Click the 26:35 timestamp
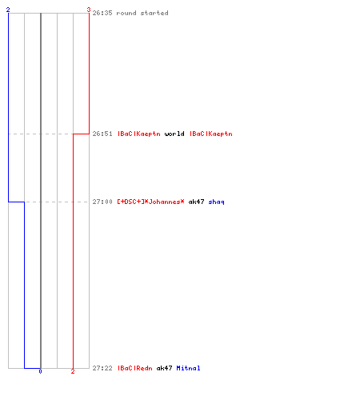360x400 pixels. [102, 13]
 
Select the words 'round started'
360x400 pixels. [142, 13]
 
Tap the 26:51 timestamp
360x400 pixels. [102, 134]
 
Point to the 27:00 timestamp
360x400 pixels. [102, 202]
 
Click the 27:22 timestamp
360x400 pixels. [102, 368]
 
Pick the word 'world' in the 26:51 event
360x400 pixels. [174, 134]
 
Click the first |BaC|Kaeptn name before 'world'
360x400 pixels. [139, 134]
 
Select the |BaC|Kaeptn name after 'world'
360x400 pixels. [211, 134]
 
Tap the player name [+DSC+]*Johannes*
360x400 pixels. [150, 202]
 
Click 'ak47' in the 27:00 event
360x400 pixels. [196, 202]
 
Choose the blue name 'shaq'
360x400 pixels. [216, 202]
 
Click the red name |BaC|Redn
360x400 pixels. [135, 368]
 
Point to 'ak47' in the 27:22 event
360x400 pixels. [164, 368]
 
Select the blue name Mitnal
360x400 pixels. [188, 368]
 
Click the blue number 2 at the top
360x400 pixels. [8, 10]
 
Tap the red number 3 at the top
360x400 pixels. [89, 10]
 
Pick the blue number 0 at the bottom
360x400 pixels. [40, 371]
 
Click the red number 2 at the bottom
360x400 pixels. [73, 371]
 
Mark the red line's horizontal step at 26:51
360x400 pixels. [81, 134]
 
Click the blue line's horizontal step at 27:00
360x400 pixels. [16, 202]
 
